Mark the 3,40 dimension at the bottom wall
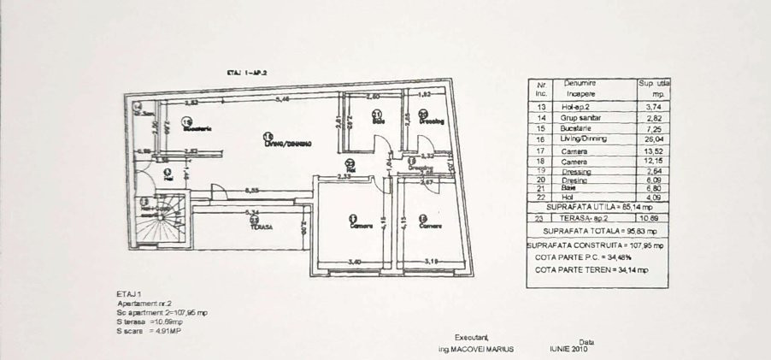click(x=354, y=262)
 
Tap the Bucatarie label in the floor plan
click(x=196, y=128)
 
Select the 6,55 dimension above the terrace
click(x=252, y=190)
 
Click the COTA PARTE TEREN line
click(x=591, y=269)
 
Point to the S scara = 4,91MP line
click(x=142, y=329)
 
